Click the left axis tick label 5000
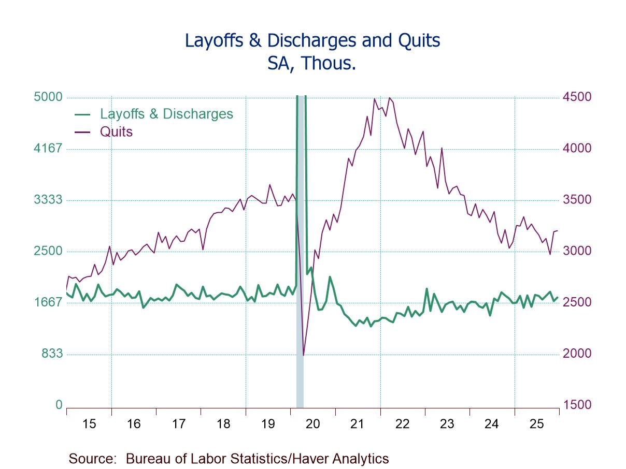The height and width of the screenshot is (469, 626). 48,97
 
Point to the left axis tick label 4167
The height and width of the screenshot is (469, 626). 48,149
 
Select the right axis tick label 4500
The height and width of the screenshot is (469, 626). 577,97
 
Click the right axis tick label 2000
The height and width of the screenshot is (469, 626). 577,354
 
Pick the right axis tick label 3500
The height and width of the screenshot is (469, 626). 577,200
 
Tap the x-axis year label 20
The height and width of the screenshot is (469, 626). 312,424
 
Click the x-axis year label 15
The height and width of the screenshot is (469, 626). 89,424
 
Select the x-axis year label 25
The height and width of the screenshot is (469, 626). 536,424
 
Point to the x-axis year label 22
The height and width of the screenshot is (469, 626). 402,424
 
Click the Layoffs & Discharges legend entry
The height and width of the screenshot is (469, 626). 166,114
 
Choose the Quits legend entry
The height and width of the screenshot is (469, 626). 116,131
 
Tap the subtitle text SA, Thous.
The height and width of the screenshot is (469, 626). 312,63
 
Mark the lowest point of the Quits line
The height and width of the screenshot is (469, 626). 304,355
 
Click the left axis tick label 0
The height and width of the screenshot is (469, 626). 59,405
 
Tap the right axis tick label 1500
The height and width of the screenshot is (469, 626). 577,405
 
